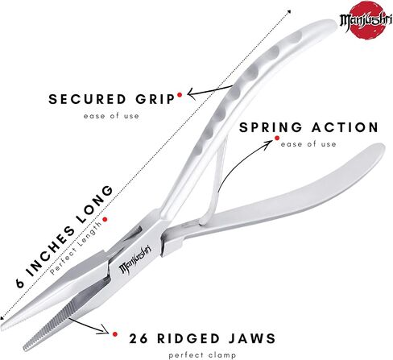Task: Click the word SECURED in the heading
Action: click(87, 99)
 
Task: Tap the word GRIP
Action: click(155, 99)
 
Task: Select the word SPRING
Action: click(271, 127)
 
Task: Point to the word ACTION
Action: click(345, 127)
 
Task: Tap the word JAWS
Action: click(252, 338)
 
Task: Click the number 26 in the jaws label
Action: click(139, 338)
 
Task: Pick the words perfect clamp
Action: click(202, 355)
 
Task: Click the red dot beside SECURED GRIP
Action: click(180, 95)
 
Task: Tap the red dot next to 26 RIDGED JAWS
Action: click(115, 334)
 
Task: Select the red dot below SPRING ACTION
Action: click(277, 138)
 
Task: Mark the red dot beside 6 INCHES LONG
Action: click(105, 219)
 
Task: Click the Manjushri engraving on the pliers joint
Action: click(135, 259)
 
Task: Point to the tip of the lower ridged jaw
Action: click(25, 349)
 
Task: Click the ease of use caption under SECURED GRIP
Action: click(111, 116)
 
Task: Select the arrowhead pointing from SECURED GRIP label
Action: click(190, 93)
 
